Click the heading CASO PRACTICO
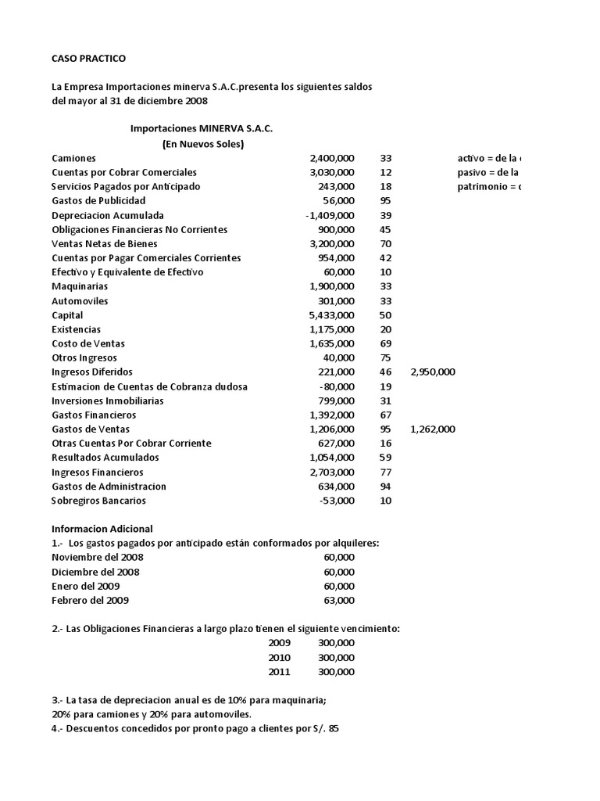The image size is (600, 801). tap(88, 59)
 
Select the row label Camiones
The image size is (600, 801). tap(73, 158)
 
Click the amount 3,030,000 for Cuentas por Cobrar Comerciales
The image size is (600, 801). tap(331, 172)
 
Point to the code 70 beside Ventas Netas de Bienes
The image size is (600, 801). tap(385, 243)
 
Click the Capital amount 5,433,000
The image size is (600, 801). tap(331, 315)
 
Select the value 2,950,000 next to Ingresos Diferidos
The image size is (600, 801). tap(432, 372)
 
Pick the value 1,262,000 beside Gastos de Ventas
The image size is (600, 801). tap(432, 429)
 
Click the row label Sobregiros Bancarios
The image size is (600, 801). tap(98, 501)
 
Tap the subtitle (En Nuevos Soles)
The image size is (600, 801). tap(202, 144)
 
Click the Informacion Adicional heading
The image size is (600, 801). tap(102, 529)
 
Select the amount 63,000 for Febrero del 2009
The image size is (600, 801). tap(338, 601)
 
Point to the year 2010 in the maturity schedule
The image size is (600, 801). tap(279, 658)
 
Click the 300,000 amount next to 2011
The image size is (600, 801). tap(336, 672)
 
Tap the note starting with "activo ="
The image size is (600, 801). tap(489, 158)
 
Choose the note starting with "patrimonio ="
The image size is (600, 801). tap(489, 187)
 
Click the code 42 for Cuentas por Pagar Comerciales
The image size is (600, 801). tap(385, 258)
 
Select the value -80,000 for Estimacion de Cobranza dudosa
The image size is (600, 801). tap(337, 386)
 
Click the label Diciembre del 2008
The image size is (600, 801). tap(97, 572)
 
